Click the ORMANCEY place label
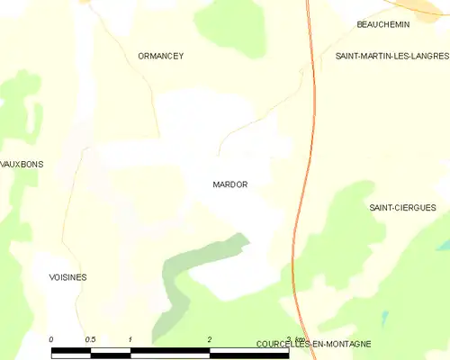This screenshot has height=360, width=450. tap(161, 56)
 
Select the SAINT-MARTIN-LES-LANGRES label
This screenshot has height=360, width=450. tap(391, 56)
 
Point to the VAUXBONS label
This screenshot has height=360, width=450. tap(22, 165)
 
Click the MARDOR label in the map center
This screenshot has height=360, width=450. tap(229, 184)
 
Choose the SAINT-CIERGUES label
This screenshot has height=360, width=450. tap(402, 207)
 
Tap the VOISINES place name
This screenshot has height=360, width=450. tap(67, 277)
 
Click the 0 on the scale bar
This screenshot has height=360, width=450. tap(51, 338)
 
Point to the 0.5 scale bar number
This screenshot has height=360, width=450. tap(90, 338)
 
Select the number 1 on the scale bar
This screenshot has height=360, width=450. tap(130, 338)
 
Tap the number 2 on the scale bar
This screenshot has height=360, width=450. tap(209, 338)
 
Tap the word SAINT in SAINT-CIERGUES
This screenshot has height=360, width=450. tap(382, 207)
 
